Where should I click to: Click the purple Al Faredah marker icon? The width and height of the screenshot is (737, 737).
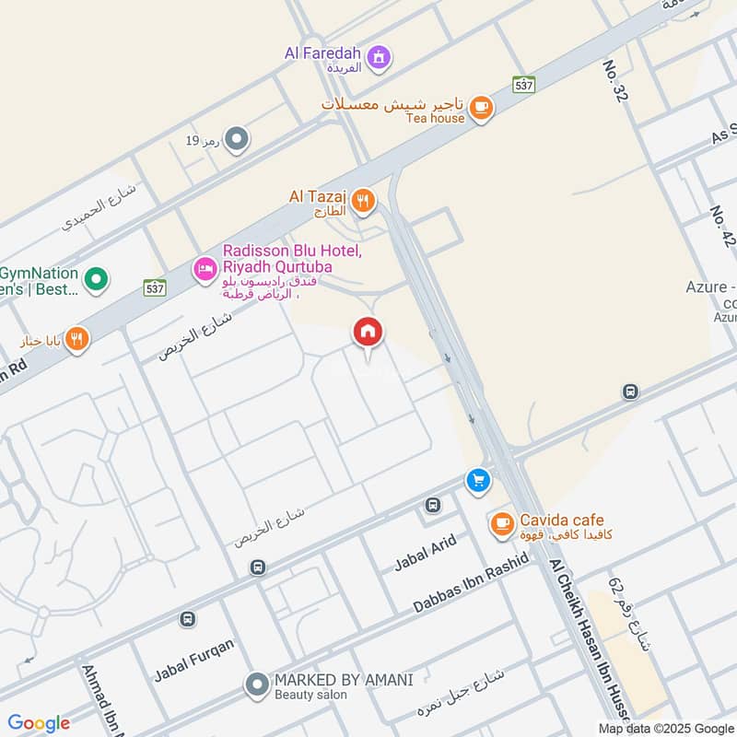378,59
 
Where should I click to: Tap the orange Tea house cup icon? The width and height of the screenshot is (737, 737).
480,109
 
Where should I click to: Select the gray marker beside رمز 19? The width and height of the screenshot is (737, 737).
237,140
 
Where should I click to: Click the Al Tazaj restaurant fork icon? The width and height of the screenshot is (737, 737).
364,201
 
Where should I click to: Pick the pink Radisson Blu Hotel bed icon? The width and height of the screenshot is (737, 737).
205,268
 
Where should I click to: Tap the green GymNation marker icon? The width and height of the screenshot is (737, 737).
95,277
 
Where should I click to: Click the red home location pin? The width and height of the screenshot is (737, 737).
368,334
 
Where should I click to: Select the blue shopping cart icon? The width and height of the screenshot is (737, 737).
477,480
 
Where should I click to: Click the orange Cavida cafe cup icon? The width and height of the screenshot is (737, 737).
500,524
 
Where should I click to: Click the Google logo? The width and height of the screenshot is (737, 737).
39,723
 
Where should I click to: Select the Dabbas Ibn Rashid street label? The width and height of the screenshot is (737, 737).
471,583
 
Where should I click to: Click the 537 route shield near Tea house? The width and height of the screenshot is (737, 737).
524,84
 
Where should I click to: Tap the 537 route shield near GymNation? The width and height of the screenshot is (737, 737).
154,287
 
